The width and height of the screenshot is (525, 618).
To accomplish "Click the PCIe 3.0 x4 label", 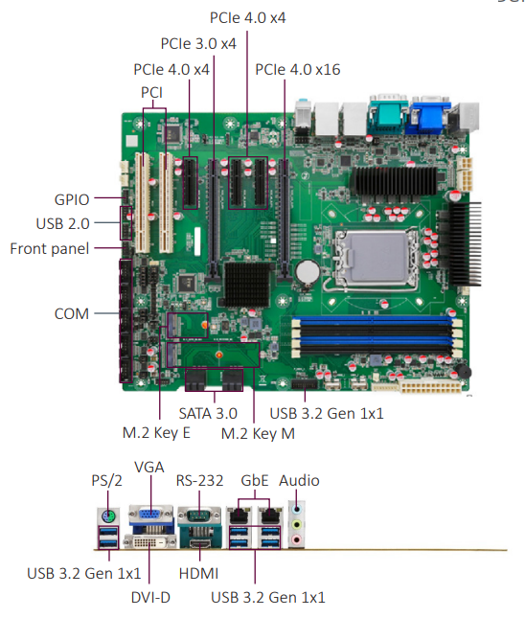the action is click(x=198, y=44).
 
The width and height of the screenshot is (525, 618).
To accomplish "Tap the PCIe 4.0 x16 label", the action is click(x=298, y=70).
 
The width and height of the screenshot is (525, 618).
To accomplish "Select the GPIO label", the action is click(x=72, y=200).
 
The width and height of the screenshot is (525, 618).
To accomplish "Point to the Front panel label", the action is click(x=50, y=249).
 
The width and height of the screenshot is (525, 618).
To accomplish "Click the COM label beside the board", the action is click(x=72, y=314).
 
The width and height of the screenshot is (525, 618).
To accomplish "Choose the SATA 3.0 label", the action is click(x=208, y=414).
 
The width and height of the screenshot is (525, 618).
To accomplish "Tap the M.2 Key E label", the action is click(x=156, y=433).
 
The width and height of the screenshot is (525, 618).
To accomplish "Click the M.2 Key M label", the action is click(x=258, y=433).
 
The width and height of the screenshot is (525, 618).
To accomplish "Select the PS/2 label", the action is click(x=106, y=481).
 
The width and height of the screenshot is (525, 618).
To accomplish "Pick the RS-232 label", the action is click(x=199, y=481).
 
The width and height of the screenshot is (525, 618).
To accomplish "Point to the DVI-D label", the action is click(x=150, y=598).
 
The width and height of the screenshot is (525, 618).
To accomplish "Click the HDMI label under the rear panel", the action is click(x=198, y=574).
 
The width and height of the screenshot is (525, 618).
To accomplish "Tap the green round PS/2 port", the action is click(x=107, y=515).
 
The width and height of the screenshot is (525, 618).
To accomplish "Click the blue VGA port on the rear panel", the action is click(x=150, y=515).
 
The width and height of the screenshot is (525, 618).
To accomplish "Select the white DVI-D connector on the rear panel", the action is click(x=150, y=542).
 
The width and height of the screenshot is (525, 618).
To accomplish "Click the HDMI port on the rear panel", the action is click(x=200, y=544).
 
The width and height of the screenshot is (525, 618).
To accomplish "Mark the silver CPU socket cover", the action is click(x=377, y=258).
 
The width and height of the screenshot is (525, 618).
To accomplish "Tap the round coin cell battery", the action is click(x=308, y=271).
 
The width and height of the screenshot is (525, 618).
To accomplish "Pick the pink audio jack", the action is click(x=296, y=539).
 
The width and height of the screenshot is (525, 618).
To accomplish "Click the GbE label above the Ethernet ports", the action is click(x=255, y=481).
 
